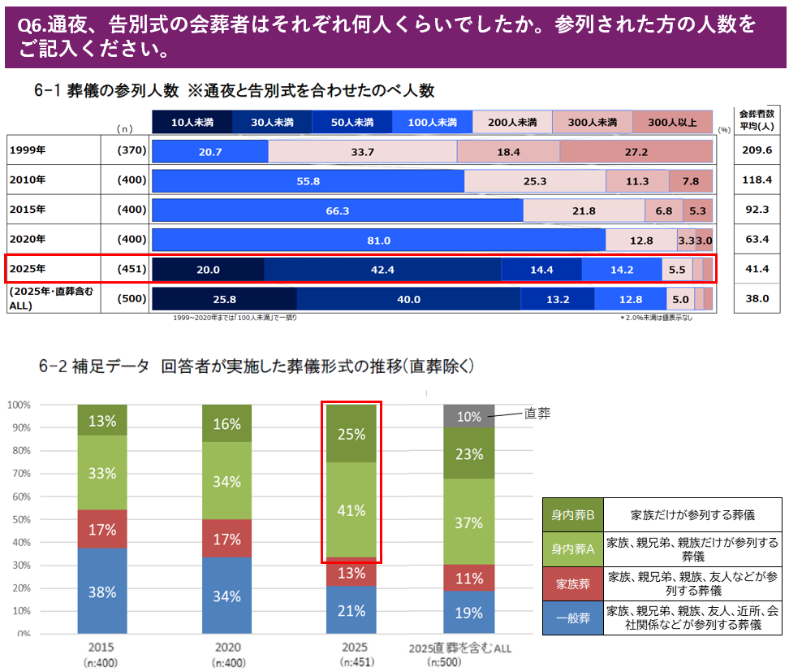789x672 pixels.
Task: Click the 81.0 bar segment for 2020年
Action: (378, 240)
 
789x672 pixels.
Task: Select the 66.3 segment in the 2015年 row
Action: (337, 210)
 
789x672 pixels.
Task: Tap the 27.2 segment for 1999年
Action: (636, 152)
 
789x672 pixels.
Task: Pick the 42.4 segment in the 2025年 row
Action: (382, 269)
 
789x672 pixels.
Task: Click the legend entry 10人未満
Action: (192, 122)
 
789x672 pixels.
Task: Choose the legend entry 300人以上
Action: (672, 122)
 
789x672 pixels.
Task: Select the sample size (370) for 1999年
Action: (131, 151)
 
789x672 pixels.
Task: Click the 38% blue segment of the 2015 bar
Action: (102, 591)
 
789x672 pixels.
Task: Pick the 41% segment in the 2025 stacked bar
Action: (351, 510)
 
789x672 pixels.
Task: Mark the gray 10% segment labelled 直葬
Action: (469, 416)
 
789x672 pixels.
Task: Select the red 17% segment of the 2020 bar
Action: (226, 540)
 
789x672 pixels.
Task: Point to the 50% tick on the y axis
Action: (19, 519)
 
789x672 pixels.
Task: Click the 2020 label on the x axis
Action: (226, 648)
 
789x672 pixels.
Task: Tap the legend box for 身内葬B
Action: (573, 515)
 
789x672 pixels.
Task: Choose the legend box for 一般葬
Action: (573, 618)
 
